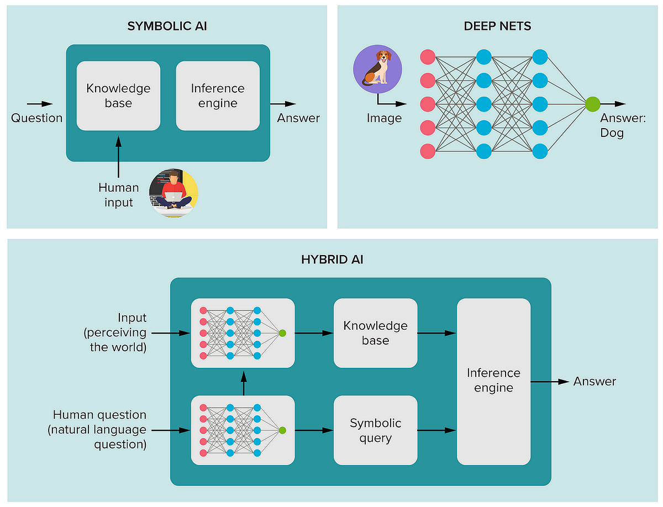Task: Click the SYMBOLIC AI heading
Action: click(x=167, y=26)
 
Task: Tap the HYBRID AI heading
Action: click(x=332, y=260)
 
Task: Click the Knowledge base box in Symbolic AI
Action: click(x=118, y=96)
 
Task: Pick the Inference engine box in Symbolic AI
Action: click(x=218, y=96)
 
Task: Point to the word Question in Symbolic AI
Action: click(x=37, y=118)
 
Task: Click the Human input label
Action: click(x=119, y=195)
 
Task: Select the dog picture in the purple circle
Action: click(x=377, y=69)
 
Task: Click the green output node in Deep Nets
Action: click(x=592, y=104)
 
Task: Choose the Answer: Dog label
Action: click(x=623, y=125)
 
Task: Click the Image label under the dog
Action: click(x=384, y=118)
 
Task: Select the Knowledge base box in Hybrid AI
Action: click(x=376, y=333)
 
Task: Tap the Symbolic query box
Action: click(x=376, y=430)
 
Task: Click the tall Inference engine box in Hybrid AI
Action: click(x=493, y=381)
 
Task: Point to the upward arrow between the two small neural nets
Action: click(x=243, y=383)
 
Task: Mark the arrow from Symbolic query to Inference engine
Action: click(x=437, y=430)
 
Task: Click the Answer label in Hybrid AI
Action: click(x=594, y=381)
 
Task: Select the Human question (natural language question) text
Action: click(x=99, y=430)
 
